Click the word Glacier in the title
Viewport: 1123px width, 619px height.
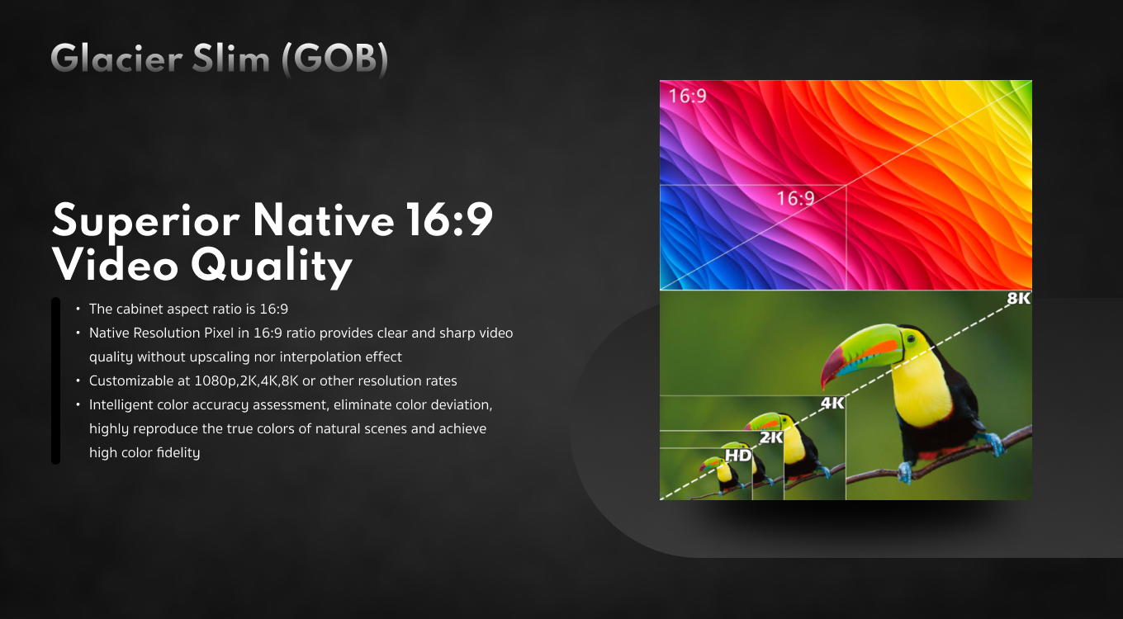(x=116, y=58)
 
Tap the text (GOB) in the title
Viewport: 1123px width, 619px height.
(x=335, y=59)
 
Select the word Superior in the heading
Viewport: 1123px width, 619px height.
(x=146, y=221)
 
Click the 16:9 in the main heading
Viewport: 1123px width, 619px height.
(x=449, y=219)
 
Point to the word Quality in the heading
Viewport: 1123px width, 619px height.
(x=272, y=267)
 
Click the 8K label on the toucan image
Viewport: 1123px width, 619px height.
(x=1019, y=299)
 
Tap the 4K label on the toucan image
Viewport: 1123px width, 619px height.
(x=832, y=403)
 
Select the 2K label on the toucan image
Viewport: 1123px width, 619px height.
(x=771, y=437)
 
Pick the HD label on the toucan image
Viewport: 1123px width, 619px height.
(x=738, y=455)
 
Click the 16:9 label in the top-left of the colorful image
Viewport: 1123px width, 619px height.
(x=687, y=96)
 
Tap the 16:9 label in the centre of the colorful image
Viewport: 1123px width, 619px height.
(x=796, y=198)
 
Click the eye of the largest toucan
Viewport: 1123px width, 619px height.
(x=911, y=339)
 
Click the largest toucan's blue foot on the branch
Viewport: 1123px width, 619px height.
(x=905, y=471)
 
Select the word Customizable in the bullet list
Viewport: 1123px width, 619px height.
(x=132, y=381)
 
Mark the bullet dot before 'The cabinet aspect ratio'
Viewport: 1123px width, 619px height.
(x=78, y=309)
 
